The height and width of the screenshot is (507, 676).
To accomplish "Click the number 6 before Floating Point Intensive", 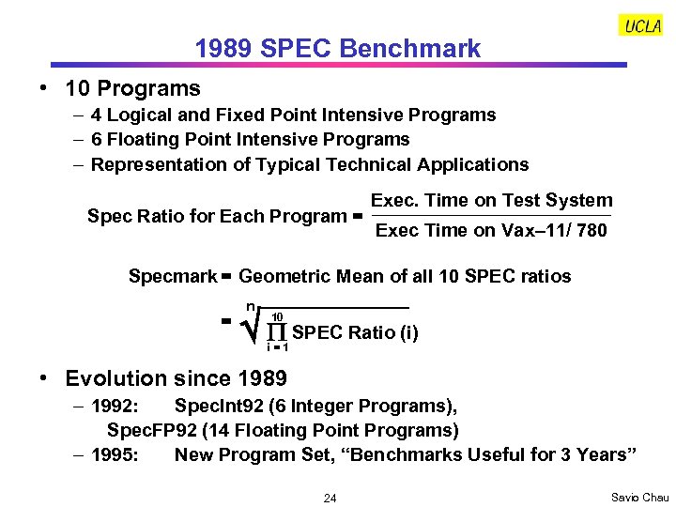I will pos(97,139).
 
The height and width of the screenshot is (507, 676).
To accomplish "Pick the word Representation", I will pos(158,164).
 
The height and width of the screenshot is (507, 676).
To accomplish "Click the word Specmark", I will pos(173,276).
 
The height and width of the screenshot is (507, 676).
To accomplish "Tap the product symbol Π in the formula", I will pos(277,332).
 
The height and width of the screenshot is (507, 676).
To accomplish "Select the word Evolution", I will pos(111,378).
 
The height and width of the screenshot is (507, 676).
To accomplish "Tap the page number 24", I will pos(330,498).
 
